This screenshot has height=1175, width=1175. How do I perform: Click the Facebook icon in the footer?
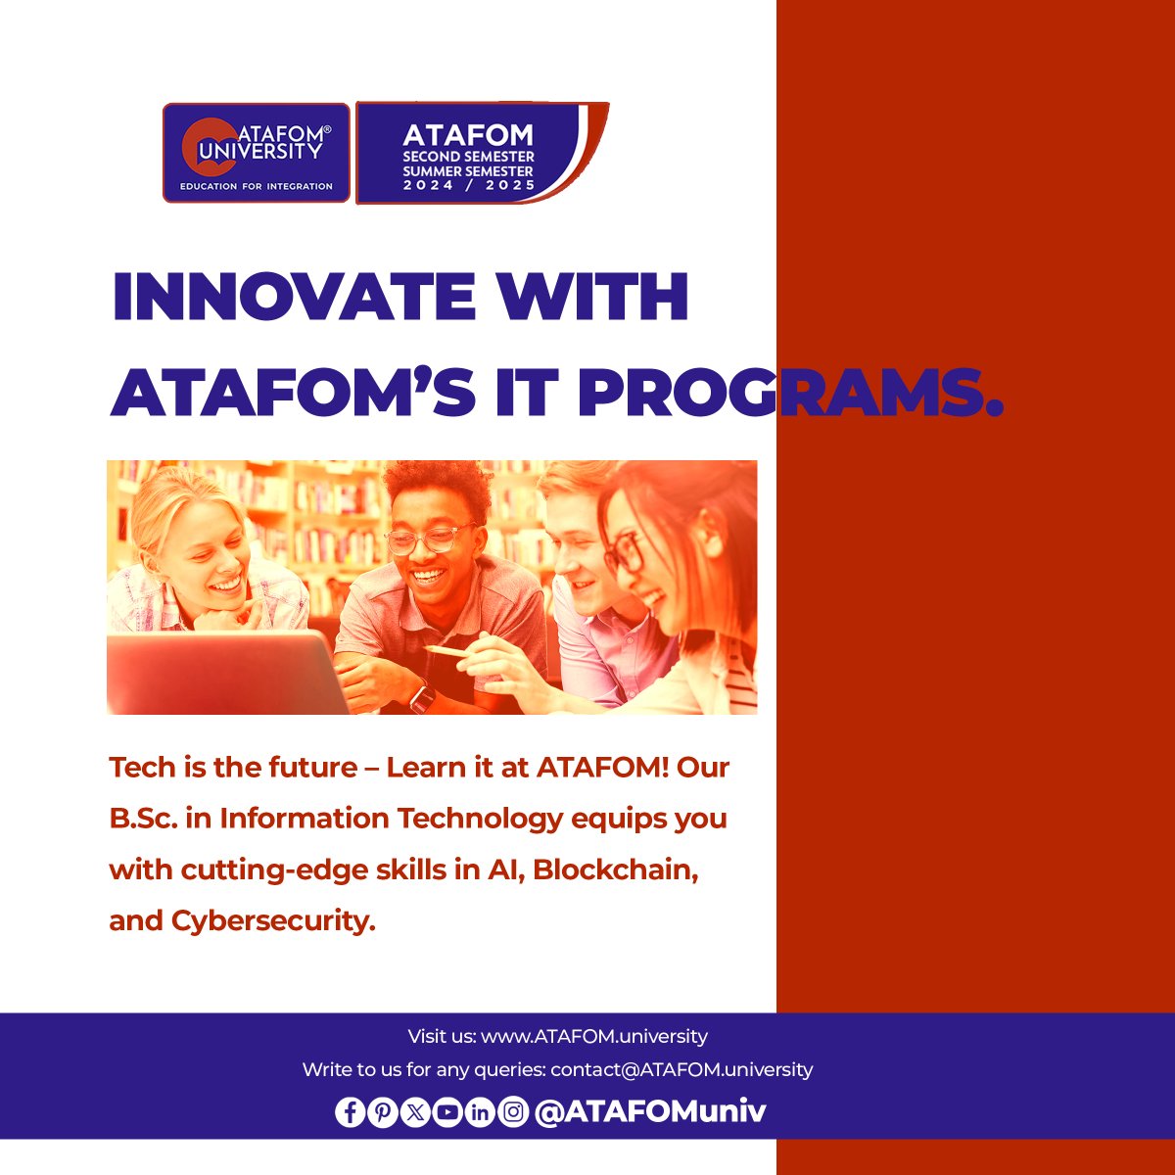[350, 1112]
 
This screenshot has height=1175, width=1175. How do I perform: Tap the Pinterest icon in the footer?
[383, 1112]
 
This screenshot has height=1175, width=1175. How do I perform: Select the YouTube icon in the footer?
[447, 1112]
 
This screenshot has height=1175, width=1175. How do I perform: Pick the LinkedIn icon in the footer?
[480, 1112]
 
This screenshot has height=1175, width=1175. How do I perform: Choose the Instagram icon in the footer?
[513, 1112]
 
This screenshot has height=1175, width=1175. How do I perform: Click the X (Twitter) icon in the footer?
[415, 1112]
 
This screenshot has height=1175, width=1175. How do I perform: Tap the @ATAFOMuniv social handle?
[650, 1111]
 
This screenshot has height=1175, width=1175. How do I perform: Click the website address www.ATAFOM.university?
[594, 1036]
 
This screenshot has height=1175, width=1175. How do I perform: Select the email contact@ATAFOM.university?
[681, 1069]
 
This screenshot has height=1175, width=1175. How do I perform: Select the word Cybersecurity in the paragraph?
[273, 920]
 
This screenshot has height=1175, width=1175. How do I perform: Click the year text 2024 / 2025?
[469, 185]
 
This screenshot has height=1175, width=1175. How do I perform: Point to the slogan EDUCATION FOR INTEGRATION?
[257, 186]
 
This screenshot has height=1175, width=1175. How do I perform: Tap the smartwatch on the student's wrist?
[422, 697]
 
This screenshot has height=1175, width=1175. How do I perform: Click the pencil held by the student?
[446, 649]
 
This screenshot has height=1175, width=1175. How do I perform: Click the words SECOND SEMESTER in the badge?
[469, 157]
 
